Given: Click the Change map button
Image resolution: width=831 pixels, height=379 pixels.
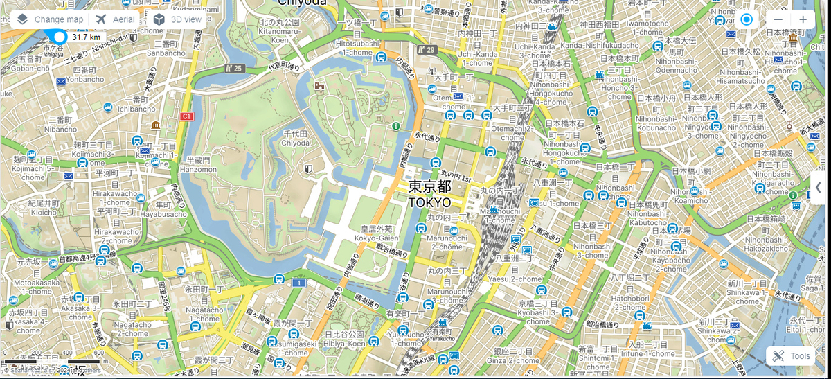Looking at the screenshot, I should click(x=50, y=19).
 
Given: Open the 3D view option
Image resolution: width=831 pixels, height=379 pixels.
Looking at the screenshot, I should click(x=178, y=19).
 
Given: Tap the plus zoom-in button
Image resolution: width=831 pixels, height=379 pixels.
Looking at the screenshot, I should click(x=803, y=19).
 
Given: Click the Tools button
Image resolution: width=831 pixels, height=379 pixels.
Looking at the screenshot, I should click(x=791, y=356).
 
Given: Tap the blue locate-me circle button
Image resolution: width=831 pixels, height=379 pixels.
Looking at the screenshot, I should click(x=746, y=19).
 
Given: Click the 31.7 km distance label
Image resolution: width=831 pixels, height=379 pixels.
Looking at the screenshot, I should click(x=86, y=37).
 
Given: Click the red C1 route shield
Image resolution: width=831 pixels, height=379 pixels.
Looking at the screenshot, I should click(x=186, y=116).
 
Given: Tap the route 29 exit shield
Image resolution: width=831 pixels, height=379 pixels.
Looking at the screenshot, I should click(x=426, y=50).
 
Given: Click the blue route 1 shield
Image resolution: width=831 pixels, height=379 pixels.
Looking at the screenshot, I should click(x=298, y=283).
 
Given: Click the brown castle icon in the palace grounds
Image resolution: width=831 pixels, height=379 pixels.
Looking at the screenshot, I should click(x=319, y=87).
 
